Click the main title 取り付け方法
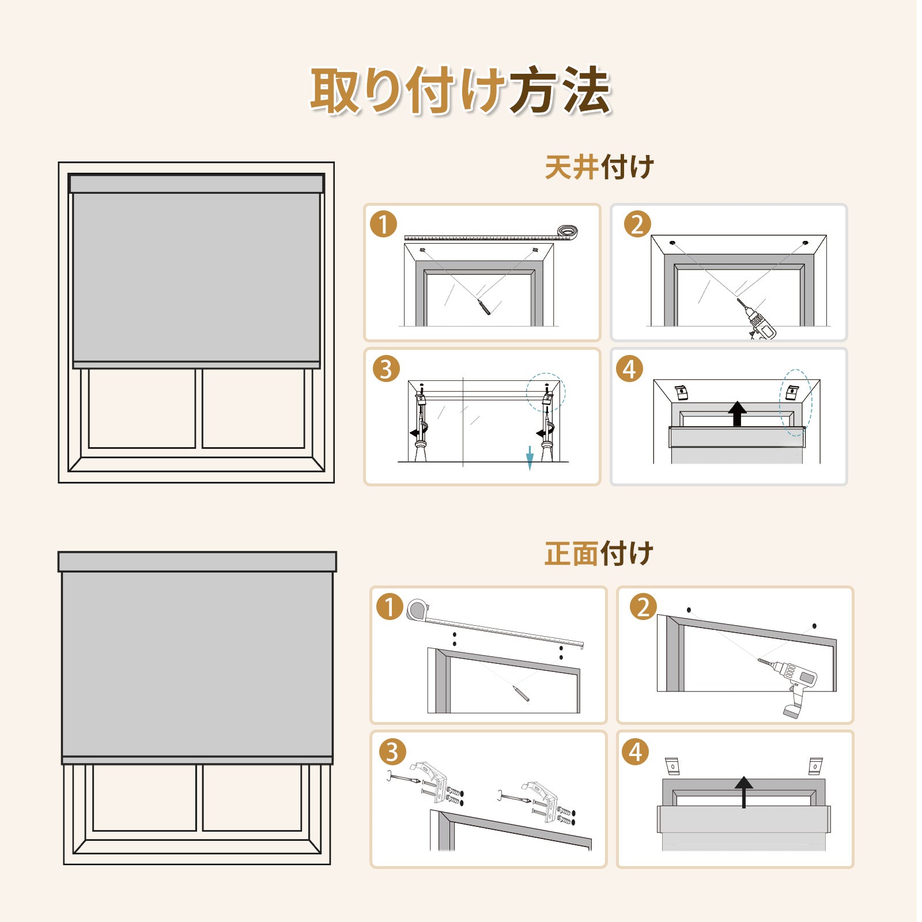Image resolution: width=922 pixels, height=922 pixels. [x=460, y=90]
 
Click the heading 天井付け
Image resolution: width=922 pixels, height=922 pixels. [x=599, y=168]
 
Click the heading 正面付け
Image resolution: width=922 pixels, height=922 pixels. [x=599, y=554]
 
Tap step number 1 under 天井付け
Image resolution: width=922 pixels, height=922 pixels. [x=384, y=224]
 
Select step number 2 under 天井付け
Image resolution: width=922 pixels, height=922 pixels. [x=637, y=224]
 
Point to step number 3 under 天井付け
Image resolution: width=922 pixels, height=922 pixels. [x=386, y=369]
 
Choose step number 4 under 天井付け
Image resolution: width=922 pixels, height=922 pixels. [x=630, y=369]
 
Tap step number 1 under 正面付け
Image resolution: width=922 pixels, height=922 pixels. [x=390, y=607]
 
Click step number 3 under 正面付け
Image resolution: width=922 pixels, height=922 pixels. [x=392, y=752]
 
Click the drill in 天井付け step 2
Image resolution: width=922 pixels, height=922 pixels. [x=757, y=319]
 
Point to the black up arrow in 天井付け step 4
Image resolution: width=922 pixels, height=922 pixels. [x=737, y=414]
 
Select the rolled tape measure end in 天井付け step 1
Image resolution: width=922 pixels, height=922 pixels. [x=568, y=232]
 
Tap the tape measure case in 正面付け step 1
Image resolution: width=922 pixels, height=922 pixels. [x=417, y=610]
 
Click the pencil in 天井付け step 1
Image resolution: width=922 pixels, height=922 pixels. [x=483, y=307]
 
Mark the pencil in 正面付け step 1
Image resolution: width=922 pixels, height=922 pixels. [x=521, y=693]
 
